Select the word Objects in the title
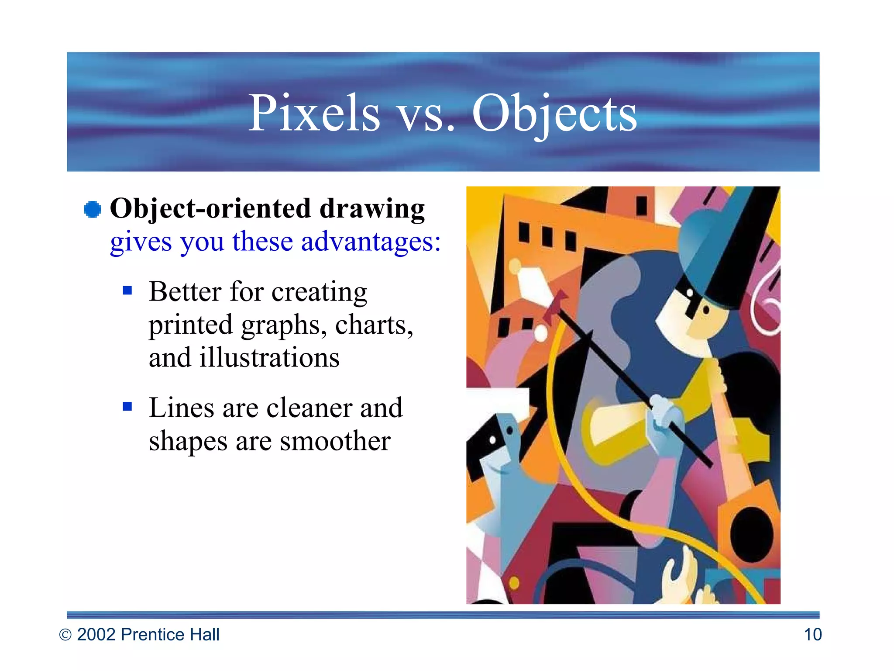(554, 114)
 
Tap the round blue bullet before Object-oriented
(93, 209)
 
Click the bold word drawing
(372, 209)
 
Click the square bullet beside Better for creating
(127, 291)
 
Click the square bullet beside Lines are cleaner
(127, 407)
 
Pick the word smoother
(335, 441)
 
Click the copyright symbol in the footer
(65, 635)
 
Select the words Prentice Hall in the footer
(170, 635)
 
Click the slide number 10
(812, 635)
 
